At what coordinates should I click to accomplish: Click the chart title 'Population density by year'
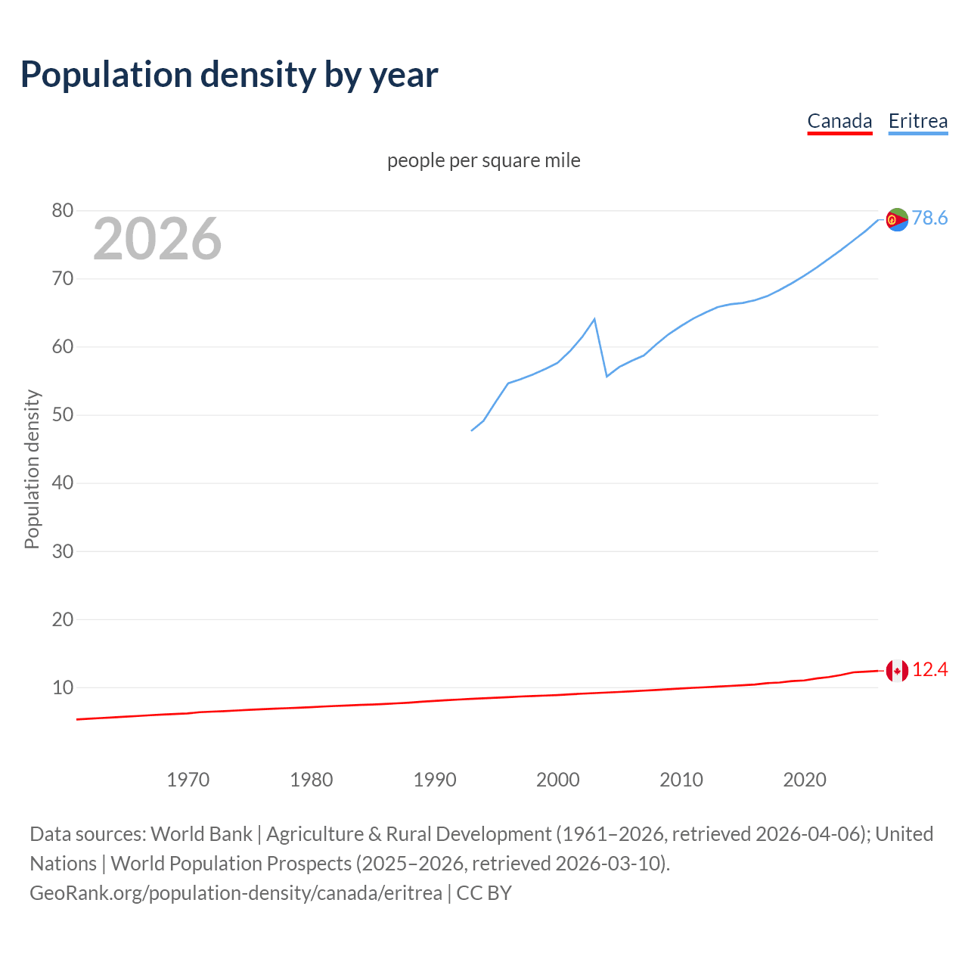pyautogui.click(x=229, y=75)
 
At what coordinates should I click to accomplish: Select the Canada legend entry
pyautogui.click(x=839, y=121)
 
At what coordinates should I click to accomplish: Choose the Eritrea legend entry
pyautogui.click(x=917, y=121)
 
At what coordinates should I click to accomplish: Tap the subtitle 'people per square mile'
pyautogui.click(x=484, y=160)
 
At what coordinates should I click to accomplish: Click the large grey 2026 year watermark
pyautogui.click(x=157, y=239)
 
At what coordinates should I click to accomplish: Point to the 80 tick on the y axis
pyautogui.click(x=63, y=211)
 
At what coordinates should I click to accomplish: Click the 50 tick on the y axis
pyautogui.click(x=63, y=415)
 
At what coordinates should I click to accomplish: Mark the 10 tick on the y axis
pyautogui.click(x=63, y=687)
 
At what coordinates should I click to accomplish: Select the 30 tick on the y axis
pyautogui.click(x=63, y=551)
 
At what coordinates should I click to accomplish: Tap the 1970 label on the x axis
pyautogui.click(x=188, y=780)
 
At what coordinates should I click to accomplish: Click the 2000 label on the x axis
pyautogui.click(x=558, y=780)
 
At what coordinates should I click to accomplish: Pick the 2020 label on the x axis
pyautogui.click(x=805, y=780)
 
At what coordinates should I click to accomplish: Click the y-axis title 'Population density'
pyautogui.click(x=32, y=469)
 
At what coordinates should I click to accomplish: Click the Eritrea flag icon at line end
pyautogui.click(x=897, y=219)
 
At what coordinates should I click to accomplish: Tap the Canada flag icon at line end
pyautogui.click(x=897, y=670)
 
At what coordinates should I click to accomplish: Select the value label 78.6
pyautogui.click(x=929, y=219)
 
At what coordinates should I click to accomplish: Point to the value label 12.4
pyautogui.click(x=929, y=670)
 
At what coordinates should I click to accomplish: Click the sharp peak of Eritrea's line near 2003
pyautogui.click(x=594, y=319)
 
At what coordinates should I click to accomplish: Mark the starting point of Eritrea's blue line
pyautogui.click(x=472, y=430)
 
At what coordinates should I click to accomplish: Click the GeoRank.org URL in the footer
pyautogui.click(x=236, y=893)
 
